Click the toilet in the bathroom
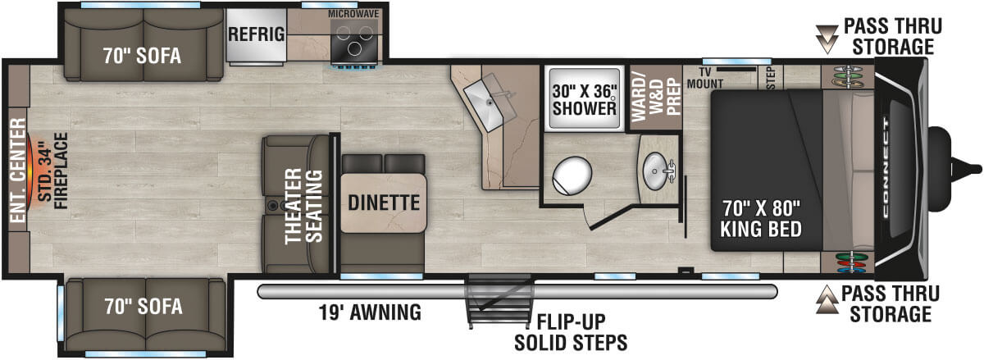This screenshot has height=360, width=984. click(x=571, y=175)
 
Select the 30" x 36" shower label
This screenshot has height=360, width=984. click(x=584, y=98)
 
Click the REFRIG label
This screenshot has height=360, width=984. click(x=257, y=34)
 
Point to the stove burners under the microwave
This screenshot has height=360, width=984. click(x=355, y=40)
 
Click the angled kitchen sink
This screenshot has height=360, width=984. click(x=490, y=105)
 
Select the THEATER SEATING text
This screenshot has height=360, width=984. click(x=303, y=205)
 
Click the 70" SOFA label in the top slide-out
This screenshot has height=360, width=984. click(x=141, y=56)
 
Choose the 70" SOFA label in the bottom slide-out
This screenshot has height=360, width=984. click(x=143, y=307)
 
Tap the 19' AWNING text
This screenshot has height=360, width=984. click(x=370, y=312)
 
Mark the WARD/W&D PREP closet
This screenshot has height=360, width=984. click(x=655, y=98)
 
